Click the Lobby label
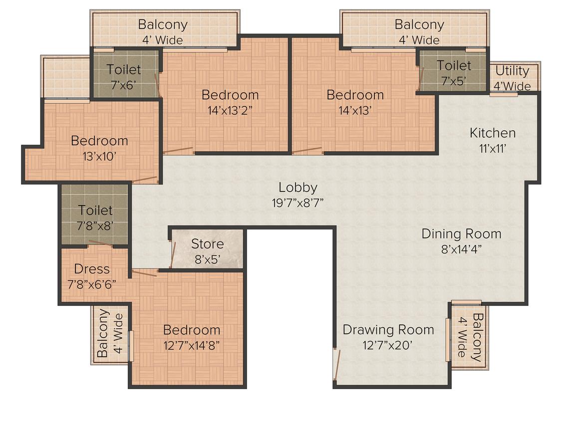point(297,187)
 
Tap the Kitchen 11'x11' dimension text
point(492,148)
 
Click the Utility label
point(512,70)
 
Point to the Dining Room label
point(461,233)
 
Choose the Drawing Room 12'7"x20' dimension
point(387,345)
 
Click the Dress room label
point(91,269)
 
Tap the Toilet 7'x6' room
point(124,74)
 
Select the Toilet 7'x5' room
point(453,71)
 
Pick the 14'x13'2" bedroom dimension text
point(230,110)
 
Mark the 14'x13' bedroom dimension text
point(355,110)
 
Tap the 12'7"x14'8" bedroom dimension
point(191,345)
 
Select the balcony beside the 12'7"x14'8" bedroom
point(110,335)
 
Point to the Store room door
point(172,254)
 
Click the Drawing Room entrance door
point(336,364)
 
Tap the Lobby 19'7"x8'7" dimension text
point(297,203)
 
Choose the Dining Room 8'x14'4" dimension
point(461,249)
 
